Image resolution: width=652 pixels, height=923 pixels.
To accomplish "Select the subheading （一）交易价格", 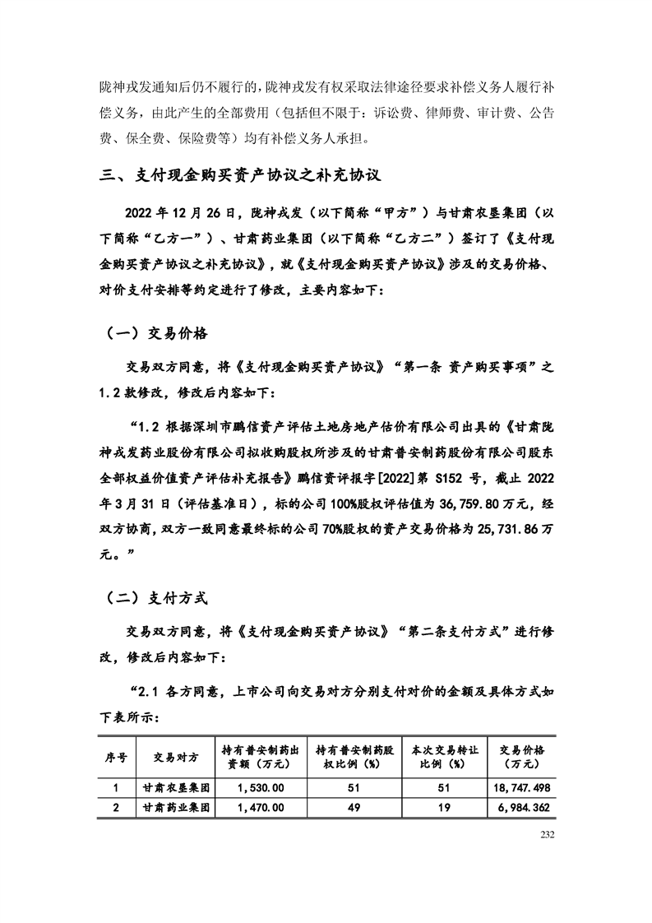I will pos(156,334).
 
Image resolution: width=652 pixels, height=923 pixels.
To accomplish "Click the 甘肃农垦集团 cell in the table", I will pos(175,787).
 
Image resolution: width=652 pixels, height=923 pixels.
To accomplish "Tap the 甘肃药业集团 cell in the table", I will pos(175,808).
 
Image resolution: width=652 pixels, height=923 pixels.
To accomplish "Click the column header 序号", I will pos(116,757).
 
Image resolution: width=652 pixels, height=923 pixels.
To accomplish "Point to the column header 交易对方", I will pos(175,757).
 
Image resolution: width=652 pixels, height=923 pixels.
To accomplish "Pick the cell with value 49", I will pos(355,808).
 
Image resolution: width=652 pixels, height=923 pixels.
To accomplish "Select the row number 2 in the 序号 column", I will pos(116,808).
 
